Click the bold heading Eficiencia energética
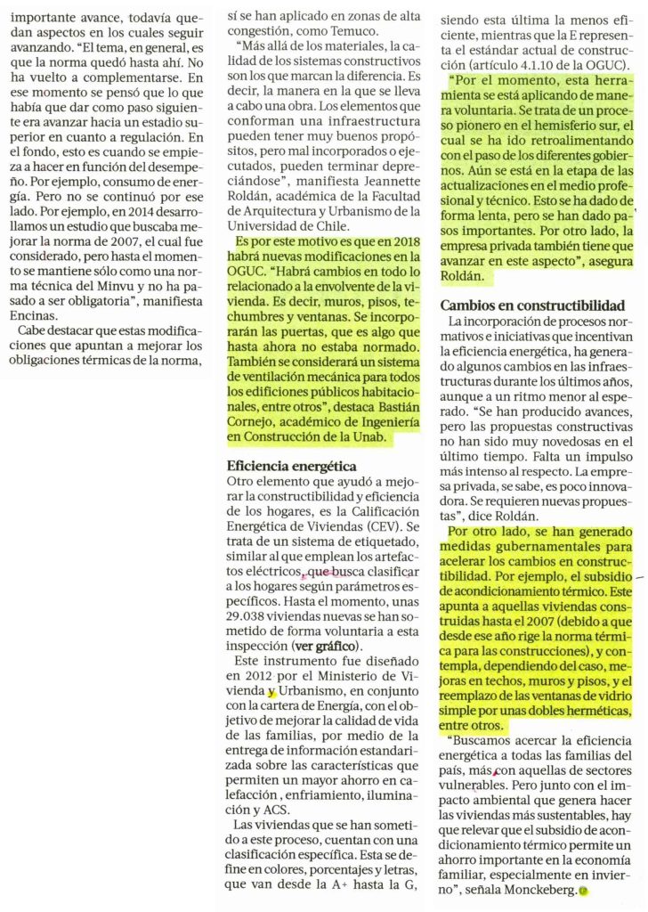click(x=291, y=466)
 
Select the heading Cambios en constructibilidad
click(x=532, y=305)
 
